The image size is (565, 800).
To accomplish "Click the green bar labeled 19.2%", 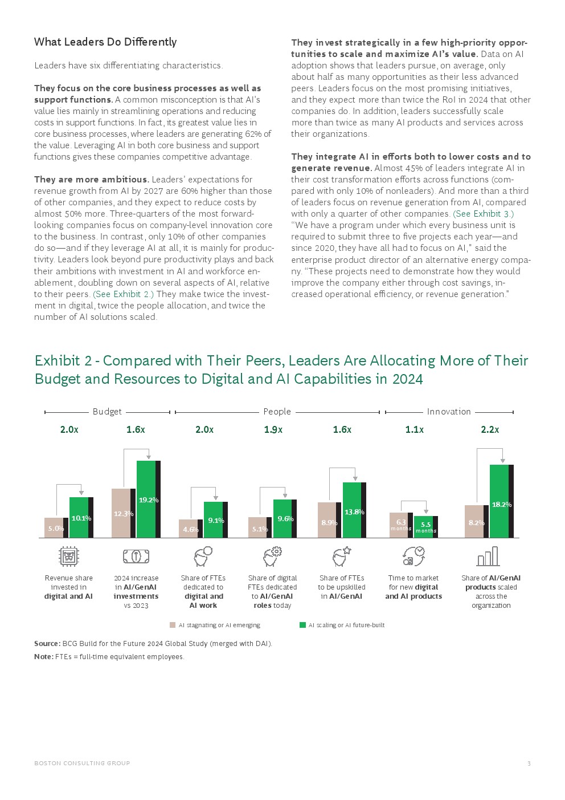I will pos(146,499).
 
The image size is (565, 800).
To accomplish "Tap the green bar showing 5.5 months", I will pos(425,527).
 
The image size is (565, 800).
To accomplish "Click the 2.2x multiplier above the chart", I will pos(490,430).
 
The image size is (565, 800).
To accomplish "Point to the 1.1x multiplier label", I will pos(414,430).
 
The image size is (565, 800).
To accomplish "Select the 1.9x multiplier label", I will pos(273,430).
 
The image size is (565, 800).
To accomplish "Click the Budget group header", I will pos(107,412).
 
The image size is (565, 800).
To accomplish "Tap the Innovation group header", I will pos(449,412).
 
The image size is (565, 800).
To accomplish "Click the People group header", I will pos(277,412).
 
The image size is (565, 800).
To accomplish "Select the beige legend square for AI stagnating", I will pos(173,625).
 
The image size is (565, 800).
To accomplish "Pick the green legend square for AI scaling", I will pos(302,625).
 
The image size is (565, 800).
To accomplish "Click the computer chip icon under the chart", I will pos(69,556).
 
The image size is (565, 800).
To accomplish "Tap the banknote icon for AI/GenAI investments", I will pos(136,556).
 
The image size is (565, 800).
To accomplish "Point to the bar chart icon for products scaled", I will pos(488,556).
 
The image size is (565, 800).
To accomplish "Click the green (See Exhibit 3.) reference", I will pos(483,214).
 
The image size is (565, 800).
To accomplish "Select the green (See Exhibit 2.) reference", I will pos(123,294).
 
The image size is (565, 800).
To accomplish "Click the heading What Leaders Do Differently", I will pos(105,42).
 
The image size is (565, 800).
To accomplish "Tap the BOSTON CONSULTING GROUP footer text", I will pos(82,763).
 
